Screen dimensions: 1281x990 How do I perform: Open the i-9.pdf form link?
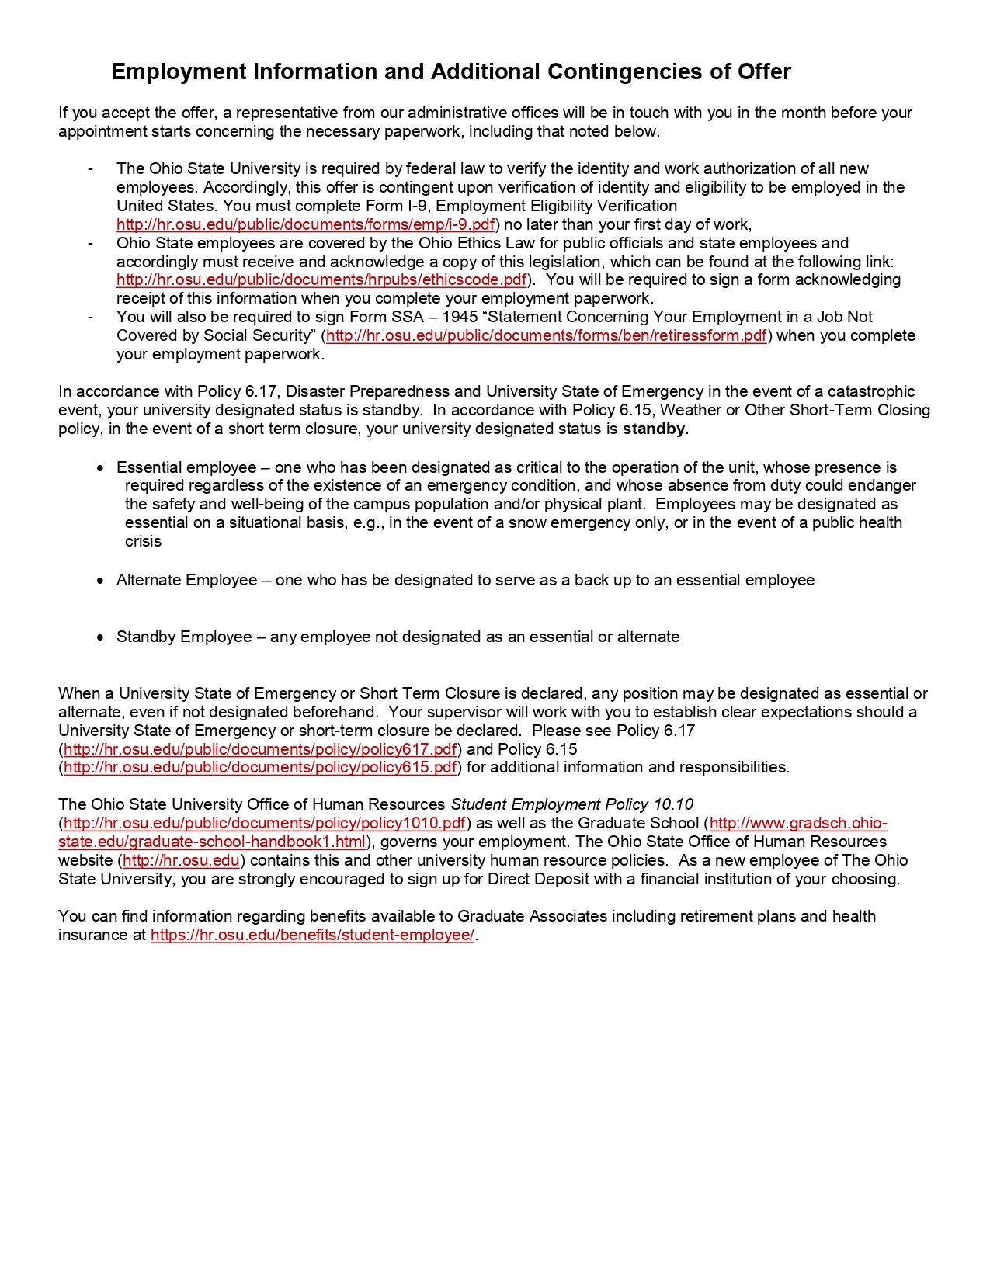[x=305, y=225]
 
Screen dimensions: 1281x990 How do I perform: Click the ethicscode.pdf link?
[x=321, y=280]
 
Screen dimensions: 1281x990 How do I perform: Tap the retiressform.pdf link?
[x=546, y=336]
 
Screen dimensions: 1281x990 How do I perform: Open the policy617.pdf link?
[x=260, y=750]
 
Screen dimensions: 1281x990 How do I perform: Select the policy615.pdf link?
[x=260, y=768]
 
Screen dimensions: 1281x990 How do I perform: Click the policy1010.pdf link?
[x=264, y=824]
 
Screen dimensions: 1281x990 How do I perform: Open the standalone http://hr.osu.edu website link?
[x=181, y=861]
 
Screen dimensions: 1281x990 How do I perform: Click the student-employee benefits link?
[x=312, y=936]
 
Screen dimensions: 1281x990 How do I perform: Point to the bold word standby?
[x=654, y=429]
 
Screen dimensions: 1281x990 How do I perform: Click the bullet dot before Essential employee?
[x=100, y=469]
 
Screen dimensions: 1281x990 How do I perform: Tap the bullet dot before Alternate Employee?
[x=100, y=581]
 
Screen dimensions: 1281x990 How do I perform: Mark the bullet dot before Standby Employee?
[x=100, y=638]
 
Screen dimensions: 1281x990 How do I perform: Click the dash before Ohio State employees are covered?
[x=91, y=244]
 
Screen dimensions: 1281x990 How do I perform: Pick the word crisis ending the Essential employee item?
[x=143, y=542]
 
